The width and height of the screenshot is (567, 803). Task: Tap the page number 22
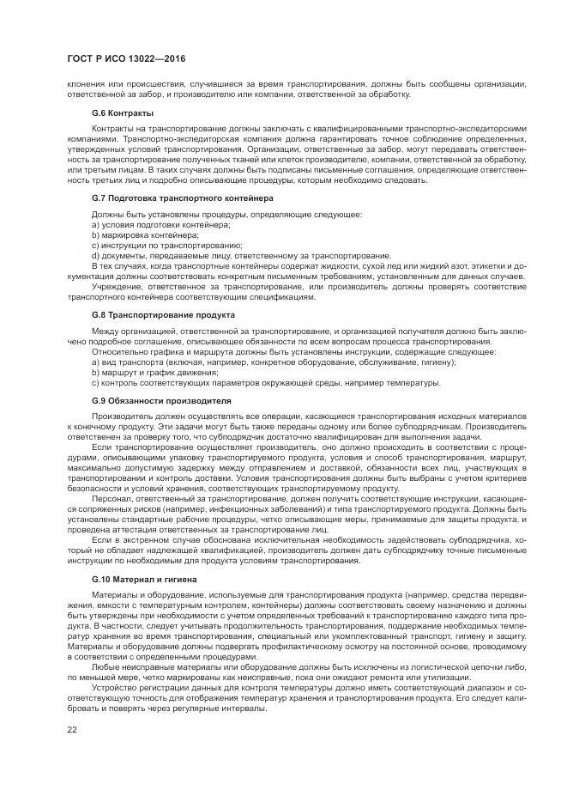pos(72,730)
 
